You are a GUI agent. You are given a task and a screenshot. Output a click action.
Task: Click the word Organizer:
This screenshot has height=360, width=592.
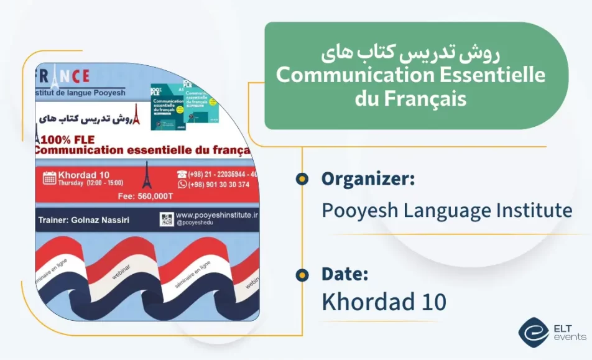(x=368, y=180)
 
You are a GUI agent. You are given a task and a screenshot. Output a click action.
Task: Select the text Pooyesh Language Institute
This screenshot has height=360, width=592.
(x=446, y=210)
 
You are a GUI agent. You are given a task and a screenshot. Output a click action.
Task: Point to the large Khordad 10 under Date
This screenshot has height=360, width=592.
(x=384, y=302)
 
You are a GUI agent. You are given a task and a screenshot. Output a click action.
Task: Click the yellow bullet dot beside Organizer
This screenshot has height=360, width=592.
(x=302, y=180)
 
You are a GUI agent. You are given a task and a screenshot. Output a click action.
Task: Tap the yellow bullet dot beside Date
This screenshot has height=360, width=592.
(x=302, y=274)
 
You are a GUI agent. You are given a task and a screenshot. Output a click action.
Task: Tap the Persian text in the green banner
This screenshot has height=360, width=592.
(x=412, y=54)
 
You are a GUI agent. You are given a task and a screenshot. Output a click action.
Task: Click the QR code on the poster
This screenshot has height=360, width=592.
(x=166, y=219)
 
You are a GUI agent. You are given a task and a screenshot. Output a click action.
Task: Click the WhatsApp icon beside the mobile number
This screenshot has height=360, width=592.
(x=182, y=184)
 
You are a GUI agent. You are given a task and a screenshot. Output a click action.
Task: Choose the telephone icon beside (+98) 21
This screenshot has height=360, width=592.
(x=182, y=174)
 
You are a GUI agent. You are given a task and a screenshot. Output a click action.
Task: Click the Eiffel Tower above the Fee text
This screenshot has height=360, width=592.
(x=147, y=175)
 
